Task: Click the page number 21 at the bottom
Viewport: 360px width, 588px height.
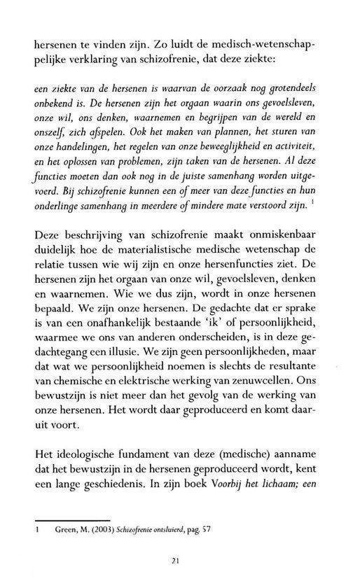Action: (181, 559)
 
